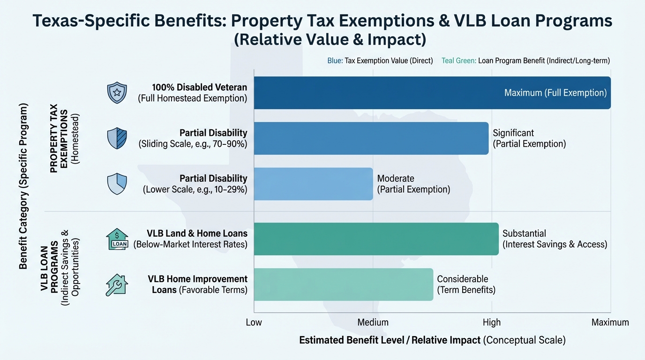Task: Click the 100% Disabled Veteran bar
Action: pyautogui.click(x=431, y=93)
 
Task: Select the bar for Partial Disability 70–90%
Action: pyautogui.click(x=371, y=138)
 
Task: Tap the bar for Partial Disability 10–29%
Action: pyautogui.click(x=313, y=184)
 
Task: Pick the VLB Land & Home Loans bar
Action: pyautogui.click(x=376, y=239)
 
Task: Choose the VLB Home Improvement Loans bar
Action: pyautogui.click(x=343, y=284)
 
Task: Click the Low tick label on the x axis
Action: pyautogui.click(x=254, y=322)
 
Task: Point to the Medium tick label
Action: pyautogui.click(x=373, y=322)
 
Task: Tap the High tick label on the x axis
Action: pyautogui.click(x=491, y=322)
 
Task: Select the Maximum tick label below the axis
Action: pyautogui.click(x=610, y=322)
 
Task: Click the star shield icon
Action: pyautogui.click(x=117, y=93)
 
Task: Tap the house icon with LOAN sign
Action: pyautogui.click(x=117, y=239)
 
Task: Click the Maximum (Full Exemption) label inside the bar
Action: pyautogui.click(x=555, y=93)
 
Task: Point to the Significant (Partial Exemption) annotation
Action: pyautogui.click(x=529, y=138)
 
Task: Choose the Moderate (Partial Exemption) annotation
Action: pyautogui.click(x=413, y=184)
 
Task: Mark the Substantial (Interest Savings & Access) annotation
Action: pyautogui.click(x=554, y=239)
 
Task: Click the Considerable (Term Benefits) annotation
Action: pyautogui.click(x=466, y=284)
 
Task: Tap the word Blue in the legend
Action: pyautogui.click(x=334, y=61)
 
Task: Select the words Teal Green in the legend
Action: pyautogui.click(x=458, y=61)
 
